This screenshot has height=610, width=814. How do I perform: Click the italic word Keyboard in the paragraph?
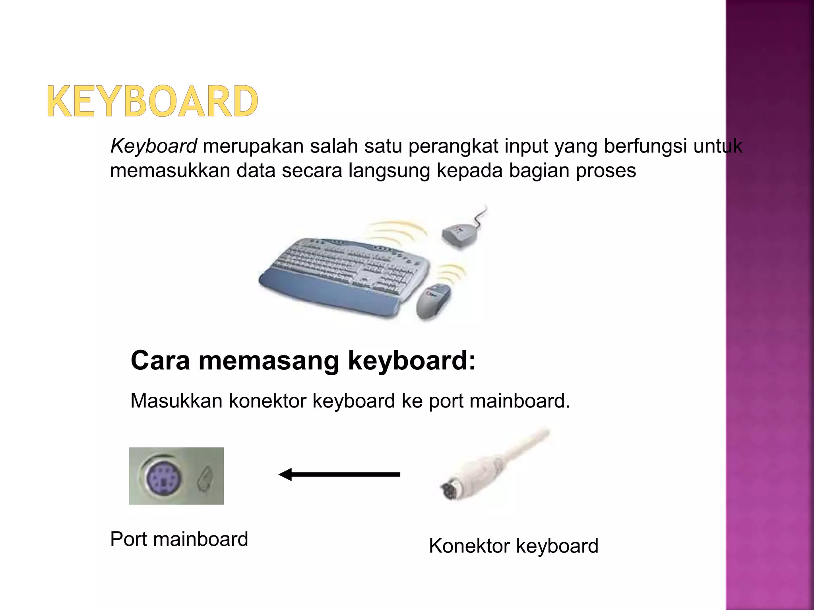153,146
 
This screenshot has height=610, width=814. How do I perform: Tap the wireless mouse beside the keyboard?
433,301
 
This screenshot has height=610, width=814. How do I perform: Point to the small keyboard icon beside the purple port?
205,479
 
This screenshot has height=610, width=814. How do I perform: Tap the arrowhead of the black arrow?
285,474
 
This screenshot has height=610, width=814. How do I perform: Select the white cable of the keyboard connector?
525,449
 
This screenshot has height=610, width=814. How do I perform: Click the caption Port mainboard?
179,539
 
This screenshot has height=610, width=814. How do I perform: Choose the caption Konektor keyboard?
514,546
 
